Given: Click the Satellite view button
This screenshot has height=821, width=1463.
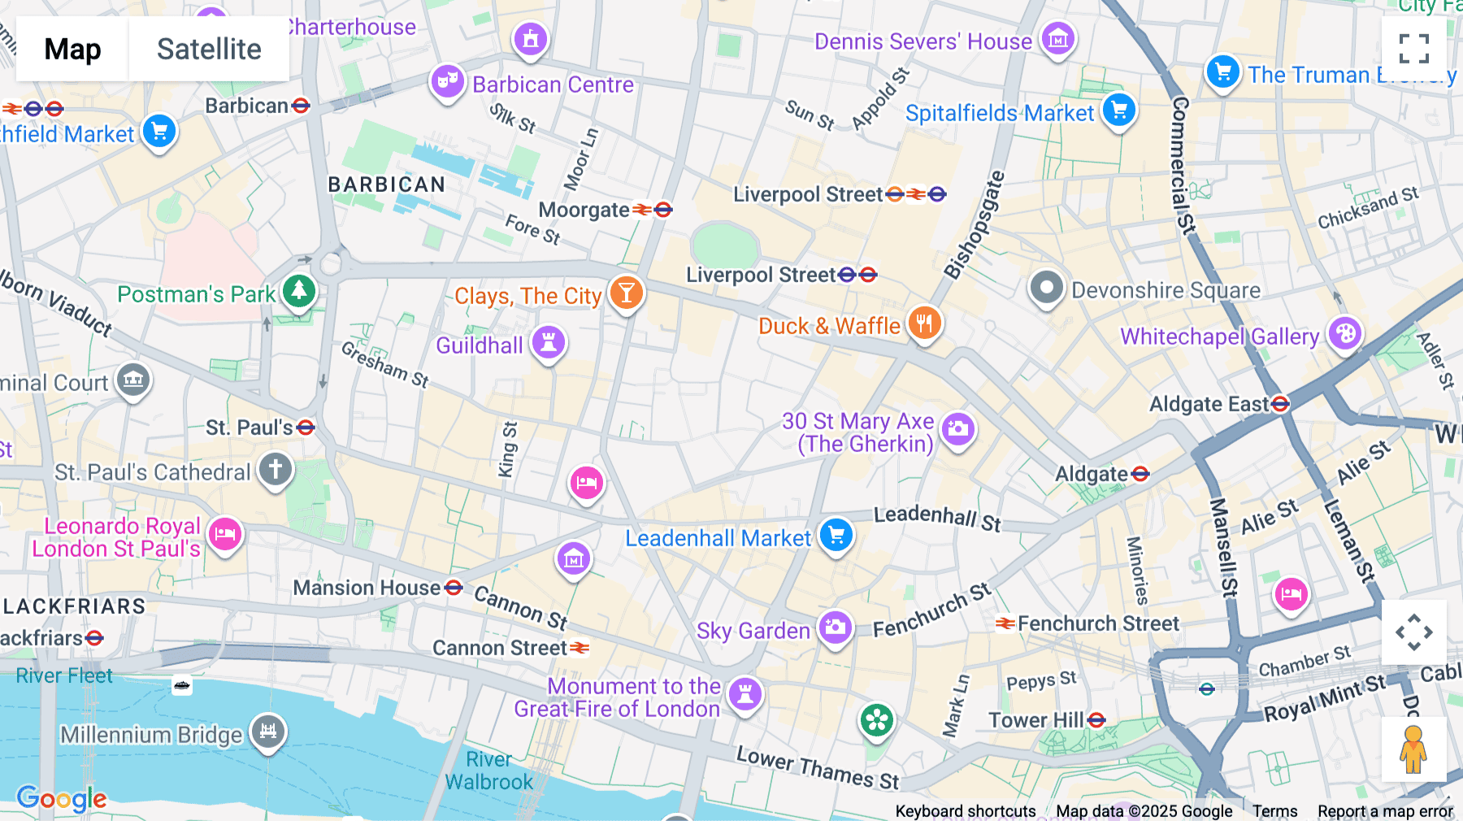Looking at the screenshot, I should click(209, 49).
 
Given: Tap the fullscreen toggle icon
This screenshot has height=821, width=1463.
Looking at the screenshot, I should click(1413, 49).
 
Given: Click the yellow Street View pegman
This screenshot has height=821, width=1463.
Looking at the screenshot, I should click(1413, 749).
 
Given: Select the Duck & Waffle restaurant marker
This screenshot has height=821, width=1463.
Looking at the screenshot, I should click(924, 324).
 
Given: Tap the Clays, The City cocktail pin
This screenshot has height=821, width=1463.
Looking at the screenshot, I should click(626, 293).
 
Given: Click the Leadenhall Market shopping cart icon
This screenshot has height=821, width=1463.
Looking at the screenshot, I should click(836, 535).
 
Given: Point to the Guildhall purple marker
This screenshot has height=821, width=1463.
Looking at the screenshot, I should click(549, 342).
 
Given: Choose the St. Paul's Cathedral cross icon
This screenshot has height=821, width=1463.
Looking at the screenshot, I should click(276, 469).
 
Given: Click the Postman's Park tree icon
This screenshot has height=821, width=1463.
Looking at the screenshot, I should click(298, 290).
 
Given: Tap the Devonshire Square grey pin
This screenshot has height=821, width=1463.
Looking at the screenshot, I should click(1046, 287).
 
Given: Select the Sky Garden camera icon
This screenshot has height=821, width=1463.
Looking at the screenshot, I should click(835, 628).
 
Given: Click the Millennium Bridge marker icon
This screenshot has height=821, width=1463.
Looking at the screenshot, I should click(268, 731).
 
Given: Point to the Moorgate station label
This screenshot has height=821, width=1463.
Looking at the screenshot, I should click(584, 211).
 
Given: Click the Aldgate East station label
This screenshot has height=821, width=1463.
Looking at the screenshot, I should click(1209, 404).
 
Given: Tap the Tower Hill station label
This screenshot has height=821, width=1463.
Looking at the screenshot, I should click(1036, 720).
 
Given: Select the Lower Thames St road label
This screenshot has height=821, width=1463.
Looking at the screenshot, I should click(817, 767).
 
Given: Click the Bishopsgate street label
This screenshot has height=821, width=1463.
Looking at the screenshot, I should click(974, 225).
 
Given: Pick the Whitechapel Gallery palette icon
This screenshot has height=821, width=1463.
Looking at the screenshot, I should click(1345, 333).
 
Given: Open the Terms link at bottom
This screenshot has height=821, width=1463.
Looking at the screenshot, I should click(1274, 810).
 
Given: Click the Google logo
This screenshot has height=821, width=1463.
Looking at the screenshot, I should click(62, 799).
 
